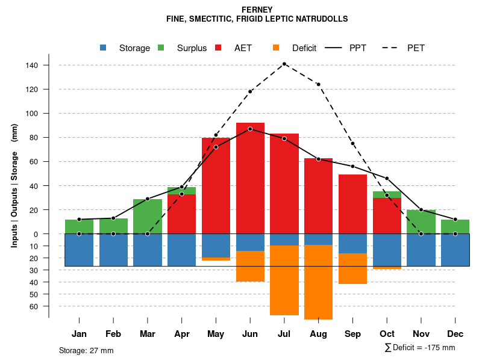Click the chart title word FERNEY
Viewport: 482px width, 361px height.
click(x=257, y=10)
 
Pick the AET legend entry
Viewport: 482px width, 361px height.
click(x=243, y=48)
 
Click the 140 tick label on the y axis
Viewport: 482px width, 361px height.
click(x=33, y=65)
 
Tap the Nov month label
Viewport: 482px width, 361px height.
click(x=421, y=334)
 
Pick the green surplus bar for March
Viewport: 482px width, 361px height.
click(x=148, y=216)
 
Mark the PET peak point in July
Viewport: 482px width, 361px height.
click(x=284, y=64)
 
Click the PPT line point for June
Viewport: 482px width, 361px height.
click(x=250, y=129)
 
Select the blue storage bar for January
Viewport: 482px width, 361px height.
click(x=79, y=250)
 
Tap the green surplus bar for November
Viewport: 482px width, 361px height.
click(x=421, y=221)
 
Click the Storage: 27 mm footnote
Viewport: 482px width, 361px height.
click(x=86, y=350)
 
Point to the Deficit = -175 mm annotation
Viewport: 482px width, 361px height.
click(x=420, y=348)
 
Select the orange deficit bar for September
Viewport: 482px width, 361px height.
click(x=352, y=268)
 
